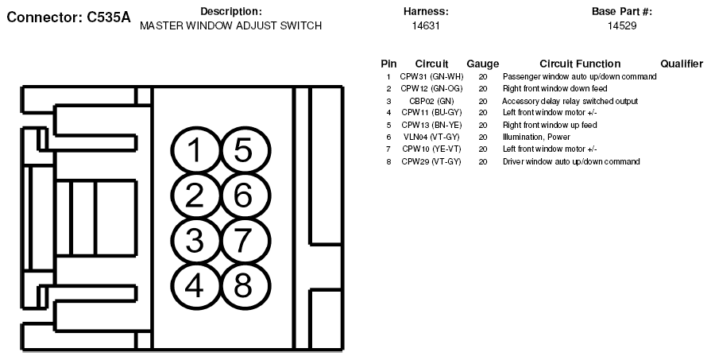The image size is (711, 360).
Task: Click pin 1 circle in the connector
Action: [x=195, y=150]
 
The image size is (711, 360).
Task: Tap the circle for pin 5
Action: [x=244, y=150]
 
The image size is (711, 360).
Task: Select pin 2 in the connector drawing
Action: [x=195, y=195]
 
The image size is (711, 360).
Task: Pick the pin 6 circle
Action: [x=244, y=195]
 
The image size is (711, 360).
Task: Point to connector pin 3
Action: [x=195, y=241]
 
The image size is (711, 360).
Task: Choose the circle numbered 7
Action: [x=244, y=241]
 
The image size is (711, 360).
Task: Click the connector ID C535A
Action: [x=108, y=17]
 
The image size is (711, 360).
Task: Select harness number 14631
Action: [x=426, y=26]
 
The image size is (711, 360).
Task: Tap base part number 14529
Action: [x=622, y=26]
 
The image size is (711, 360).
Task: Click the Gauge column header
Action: [x=483, y=64]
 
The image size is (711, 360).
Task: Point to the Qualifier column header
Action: [x=682, y=64]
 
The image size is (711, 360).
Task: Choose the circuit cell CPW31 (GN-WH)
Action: [x=431, y=76]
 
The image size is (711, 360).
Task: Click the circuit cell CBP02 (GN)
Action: [x=431, y=101]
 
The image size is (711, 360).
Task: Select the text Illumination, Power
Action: [x=536, y=137]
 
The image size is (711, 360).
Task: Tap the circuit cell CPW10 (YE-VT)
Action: [x=431, y=149]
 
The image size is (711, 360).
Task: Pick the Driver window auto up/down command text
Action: [x=571, y=161]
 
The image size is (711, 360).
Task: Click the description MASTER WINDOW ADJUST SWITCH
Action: [x=231, y=26]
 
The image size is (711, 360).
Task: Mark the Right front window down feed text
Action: [x=555, y=88]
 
